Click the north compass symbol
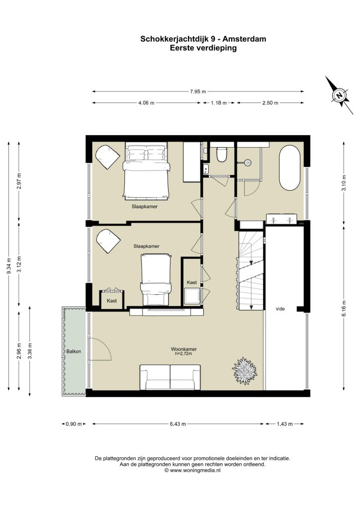click(x=339, y=95)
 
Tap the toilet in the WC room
click(x=222, y=154)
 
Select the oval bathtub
click(x=290, y=168)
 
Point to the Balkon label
click(x=74, y=351)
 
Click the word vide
click(x=280, y=309)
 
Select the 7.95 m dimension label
click(x=198, y=91)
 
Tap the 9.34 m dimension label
click(x=9, y=265)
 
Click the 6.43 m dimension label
click(x=178, y=424)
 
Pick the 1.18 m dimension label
click(x=219, y=103)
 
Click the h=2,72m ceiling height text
click(x=183, y=353)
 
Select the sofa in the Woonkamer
click(x=170, y=377)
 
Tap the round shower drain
click(x=248, y=162)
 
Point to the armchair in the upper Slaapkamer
click(x=107, y=156)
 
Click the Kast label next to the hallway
click(x=192, y=282)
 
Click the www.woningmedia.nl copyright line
click(x=192, y=470)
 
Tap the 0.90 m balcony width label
click(x=74, y=424)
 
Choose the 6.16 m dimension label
click(x=345, y=308)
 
